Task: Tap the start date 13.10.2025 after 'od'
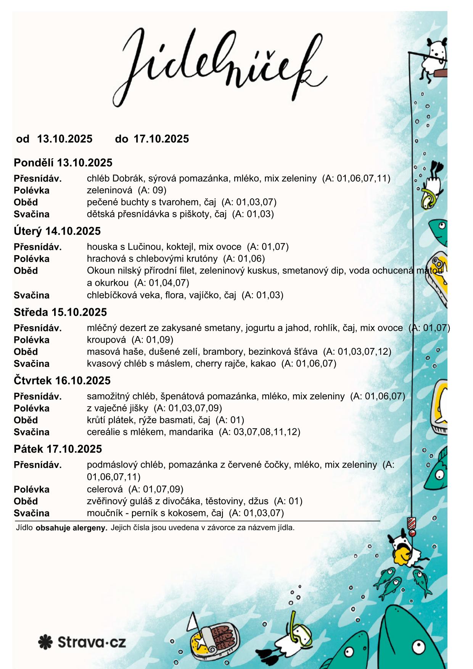(x=64, y=139)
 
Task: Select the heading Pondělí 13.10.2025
(x=63, y=163)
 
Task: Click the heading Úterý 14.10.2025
(x=57, y=231)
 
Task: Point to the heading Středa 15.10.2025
(x=60, y=312)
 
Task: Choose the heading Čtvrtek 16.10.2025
(x=62, y=381)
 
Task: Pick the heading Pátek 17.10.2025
(x=58, y=449)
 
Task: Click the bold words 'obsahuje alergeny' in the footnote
(x=71, y=529)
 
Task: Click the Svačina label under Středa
(x=32, y=364)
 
